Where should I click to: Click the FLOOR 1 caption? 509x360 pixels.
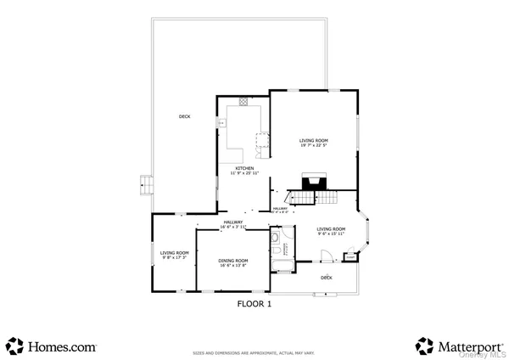(x=254, y=301)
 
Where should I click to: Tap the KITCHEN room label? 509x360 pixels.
(x=246, y=168)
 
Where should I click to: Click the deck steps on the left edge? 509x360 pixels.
(x=145, y=184)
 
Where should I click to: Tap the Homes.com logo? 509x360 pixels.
(x=52, y=346)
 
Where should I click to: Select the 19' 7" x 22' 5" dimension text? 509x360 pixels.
(x=314, y=146)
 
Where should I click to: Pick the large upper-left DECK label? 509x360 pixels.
(x=184, y=116)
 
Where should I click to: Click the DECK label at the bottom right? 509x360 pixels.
(x=327, y=278)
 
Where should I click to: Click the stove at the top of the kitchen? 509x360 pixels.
(x=243, y=102)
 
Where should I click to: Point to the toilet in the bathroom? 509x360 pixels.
(x=276, y=240)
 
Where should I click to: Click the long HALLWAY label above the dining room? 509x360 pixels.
(x=232, y=222)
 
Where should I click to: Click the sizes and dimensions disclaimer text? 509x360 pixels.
(x=255, y=352)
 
